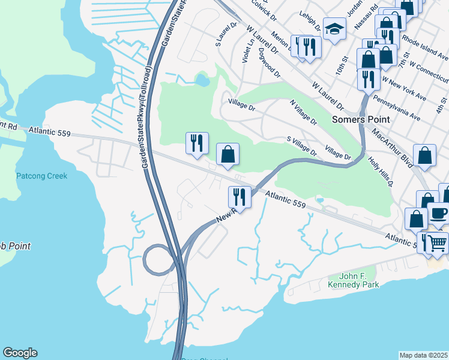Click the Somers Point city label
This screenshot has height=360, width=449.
pos(361,119)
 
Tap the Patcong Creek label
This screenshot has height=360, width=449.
pos(41,176)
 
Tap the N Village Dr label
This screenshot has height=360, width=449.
pos(303,113)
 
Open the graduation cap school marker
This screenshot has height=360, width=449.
pos(333,28)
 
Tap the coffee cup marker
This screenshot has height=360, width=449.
pos(438,213)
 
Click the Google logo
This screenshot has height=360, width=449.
pos(20,353)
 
